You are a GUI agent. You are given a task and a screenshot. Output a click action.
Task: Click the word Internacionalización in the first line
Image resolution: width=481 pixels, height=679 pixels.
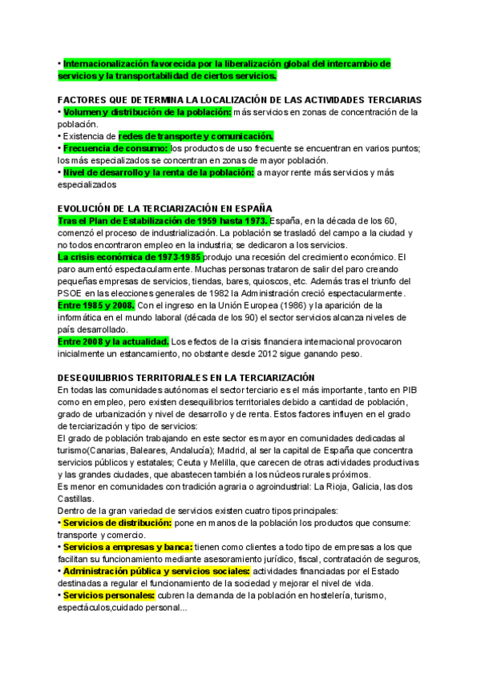click(103, 62)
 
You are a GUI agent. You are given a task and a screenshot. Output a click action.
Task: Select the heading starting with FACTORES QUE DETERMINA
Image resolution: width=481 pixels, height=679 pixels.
click(240, 99)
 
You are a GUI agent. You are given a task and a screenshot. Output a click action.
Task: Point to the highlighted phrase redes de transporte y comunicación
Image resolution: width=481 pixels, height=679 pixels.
click(196, 136)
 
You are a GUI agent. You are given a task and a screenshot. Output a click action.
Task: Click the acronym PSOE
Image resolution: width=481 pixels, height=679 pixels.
click(71, 293)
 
